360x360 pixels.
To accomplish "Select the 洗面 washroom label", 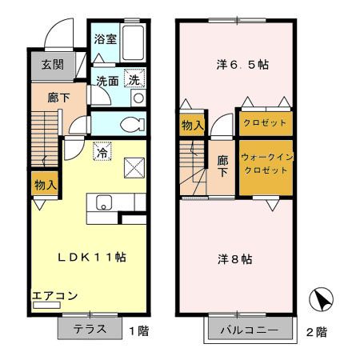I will [x=107, y=80].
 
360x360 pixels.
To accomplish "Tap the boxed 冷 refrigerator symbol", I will [x=102, y=150].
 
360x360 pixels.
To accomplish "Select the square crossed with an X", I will [x=134, y=167].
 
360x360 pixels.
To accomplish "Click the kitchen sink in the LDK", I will [x=106, y=202].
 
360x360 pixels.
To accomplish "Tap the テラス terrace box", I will [x=90, y=329].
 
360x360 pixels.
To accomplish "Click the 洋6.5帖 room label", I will [x=240, y=64].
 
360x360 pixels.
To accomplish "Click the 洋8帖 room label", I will [x=235, y=259].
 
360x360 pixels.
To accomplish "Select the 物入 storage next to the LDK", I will [x=44, y=185].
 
